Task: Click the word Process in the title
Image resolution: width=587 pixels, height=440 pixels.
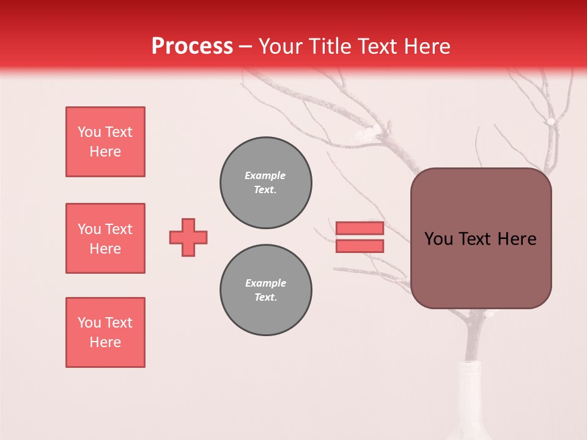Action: click(192, 46)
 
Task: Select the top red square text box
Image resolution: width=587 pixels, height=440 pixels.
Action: click(105, 142)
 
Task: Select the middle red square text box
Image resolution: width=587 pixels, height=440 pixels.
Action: click(105, 238)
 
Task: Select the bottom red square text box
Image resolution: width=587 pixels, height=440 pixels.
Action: click(105, 332)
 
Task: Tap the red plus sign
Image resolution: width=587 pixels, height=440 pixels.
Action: click(188, 237)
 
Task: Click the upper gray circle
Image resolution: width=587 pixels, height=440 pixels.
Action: click(266, 183)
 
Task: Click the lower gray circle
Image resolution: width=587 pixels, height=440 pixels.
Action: click(266, 290)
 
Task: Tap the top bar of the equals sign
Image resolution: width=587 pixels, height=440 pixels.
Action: click(360, 229)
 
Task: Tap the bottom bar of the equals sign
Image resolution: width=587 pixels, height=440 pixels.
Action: click(360, 246)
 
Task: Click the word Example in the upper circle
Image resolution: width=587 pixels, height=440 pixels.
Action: click(265, 175)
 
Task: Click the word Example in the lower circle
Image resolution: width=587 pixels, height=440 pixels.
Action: click(265, 283)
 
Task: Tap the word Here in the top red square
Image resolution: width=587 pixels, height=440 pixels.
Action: click(105, 152)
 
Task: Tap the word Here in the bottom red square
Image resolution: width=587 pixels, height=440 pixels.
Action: click(105, 342)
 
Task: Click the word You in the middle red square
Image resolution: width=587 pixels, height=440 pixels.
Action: click(88, 229)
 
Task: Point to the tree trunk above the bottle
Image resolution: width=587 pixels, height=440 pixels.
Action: click(474, 336)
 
